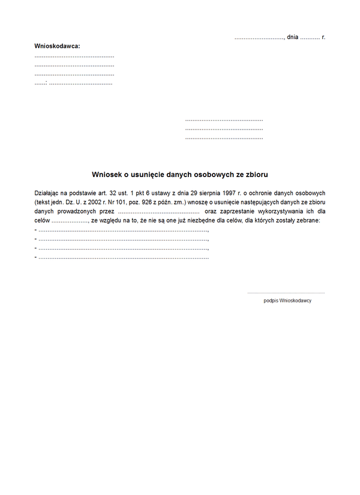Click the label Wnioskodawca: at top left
[x=57, y=46]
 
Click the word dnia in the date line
[x=293, y=37]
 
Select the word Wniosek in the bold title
[x=107, y=174]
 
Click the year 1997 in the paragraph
[x=230, y=193]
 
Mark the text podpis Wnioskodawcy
[x=287, y=301]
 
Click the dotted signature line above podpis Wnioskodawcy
[x=286, y=293]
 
